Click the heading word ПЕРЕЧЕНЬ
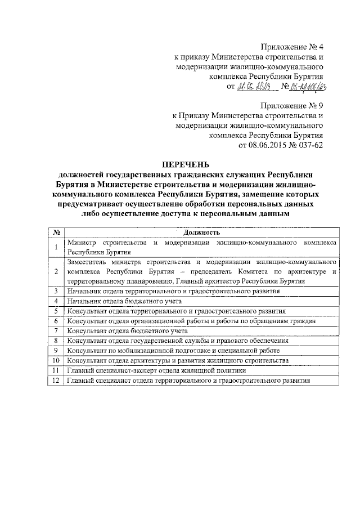[x=185, y=164]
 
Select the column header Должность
[x=201, y=232]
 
